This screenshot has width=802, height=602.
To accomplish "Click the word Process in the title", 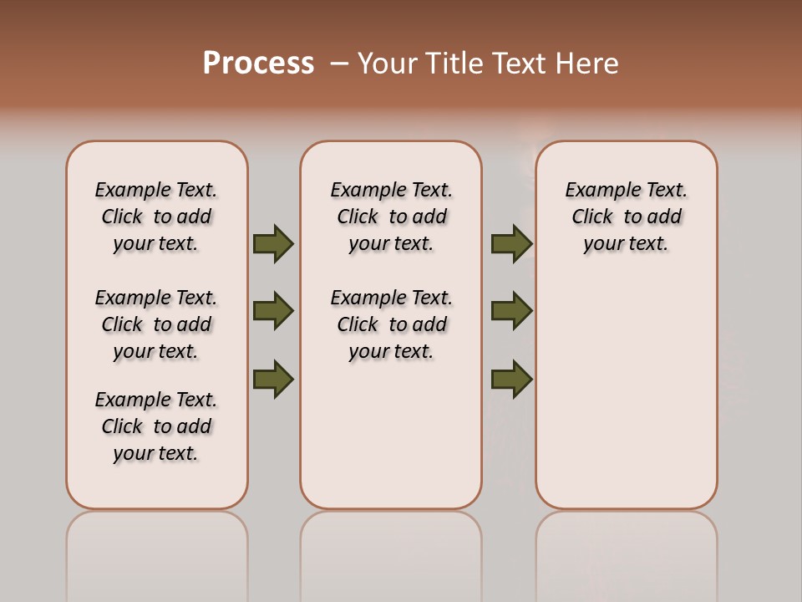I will pos(258,63).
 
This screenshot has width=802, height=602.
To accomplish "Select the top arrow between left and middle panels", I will pos(273,243).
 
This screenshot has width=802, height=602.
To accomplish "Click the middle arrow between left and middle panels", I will pos(273,311).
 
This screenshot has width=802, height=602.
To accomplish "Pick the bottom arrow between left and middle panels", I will pos(273,379).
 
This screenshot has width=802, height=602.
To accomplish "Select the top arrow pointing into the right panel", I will pos(511,243).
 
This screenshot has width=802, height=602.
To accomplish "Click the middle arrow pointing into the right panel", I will pos(511,311).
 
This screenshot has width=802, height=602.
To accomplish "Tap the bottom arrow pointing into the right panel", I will pos(511,379).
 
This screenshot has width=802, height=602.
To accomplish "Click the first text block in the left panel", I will pos(156,217).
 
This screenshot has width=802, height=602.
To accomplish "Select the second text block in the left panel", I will pos(156,324).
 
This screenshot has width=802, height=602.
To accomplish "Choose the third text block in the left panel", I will pos(156,426).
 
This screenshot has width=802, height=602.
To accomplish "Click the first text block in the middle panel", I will pos(391,217).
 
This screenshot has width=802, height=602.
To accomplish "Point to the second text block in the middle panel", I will pos(391,324).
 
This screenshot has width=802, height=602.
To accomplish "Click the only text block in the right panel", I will pos(626,217).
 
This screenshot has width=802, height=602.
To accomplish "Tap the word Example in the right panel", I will pos(596,191).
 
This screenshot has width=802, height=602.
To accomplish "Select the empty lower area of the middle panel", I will pos(391,435).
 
